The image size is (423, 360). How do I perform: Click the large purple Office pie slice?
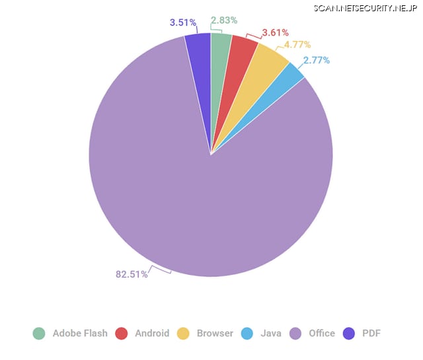[x=198, y=198]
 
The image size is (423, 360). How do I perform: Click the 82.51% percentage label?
[x=132, y=274]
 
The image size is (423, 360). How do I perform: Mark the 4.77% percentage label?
[x=297, y=45]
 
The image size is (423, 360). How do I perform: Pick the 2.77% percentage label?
[x=317, y=60]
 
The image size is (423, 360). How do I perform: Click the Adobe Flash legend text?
[x=80, y=334]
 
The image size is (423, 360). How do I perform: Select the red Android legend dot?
[x=122, y=334]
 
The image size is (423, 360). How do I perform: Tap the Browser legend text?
[x=215, y=334]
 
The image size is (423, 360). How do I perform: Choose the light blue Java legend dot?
[x=247, y=334]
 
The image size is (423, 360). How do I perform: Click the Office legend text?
[x=322, y=334]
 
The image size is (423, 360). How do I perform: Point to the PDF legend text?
[x=371, y=334]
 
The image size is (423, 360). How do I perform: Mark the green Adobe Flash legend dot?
[x=39, y=334]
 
